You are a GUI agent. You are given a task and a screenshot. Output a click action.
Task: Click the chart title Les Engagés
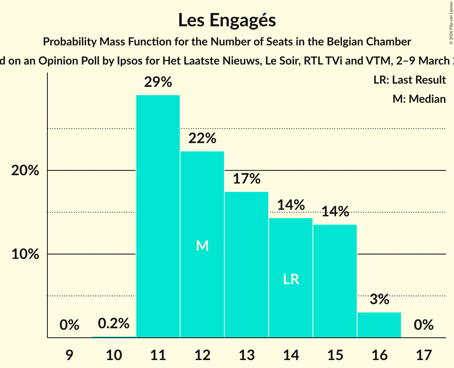tap(227, 20)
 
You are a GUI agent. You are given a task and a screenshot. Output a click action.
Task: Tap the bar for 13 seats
tap(246, 264)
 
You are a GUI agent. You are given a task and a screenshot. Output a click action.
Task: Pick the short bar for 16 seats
tap(379, 325)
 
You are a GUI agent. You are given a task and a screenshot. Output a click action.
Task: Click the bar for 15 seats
tap(335, 281)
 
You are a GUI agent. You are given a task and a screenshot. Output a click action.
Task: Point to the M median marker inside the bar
tap(202, 246)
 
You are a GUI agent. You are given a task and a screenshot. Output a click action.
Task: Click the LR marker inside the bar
tap(291, 279)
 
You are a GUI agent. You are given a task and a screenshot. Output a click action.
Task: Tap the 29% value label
tap(158, 82)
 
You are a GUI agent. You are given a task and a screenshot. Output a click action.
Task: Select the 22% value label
tap(202, 139)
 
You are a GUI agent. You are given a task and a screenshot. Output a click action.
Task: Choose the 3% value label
tap(379, 299)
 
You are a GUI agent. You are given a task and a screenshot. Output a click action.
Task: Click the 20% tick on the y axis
tap(25, 170)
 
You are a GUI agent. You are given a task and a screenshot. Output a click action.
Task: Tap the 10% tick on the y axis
tap(25, 254)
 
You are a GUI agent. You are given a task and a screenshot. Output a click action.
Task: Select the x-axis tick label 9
tap(70, 354)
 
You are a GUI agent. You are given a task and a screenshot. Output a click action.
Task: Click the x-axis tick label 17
tap(423, 354)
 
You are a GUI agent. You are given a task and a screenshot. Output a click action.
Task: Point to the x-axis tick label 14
tap(291, 354)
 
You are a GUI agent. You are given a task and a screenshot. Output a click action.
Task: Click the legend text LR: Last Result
tap(409, 80)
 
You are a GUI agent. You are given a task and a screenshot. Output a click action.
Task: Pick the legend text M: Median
tap(419, 99)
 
